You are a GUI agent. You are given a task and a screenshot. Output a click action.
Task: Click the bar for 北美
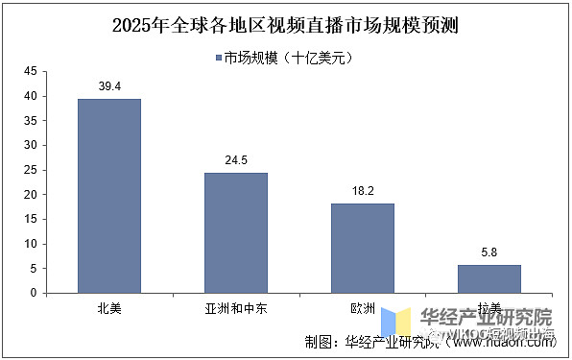tap(108, 196)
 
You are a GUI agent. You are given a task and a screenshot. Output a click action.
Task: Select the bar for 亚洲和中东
tap(235, 232)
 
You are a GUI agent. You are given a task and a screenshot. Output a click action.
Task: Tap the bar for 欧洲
tap(362, 248)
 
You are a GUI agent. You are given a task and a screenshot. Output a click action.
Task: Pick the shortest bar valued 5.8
tap(489, 278)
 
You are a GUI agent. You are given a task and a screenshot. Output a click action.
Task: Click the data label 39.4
tap(108, 86)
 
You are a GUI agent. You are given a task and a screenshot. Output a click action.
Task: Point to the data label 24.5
tap(235, 160)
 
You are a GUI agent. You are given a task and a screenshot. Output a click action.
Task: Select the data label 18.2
tap(362, 191)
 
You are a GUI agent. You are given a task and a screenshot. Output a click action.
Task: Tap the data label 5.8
tap(489, 252)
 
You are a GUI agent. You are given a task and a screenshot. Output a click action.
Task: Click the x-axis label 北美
tap(108, 309)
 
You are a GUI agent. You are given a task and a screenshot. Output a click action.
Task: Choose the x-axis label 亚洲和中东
tap(235, 309)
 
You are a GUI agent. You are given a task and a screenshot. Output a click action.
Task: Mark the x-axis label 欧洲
tap(362, 309)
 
